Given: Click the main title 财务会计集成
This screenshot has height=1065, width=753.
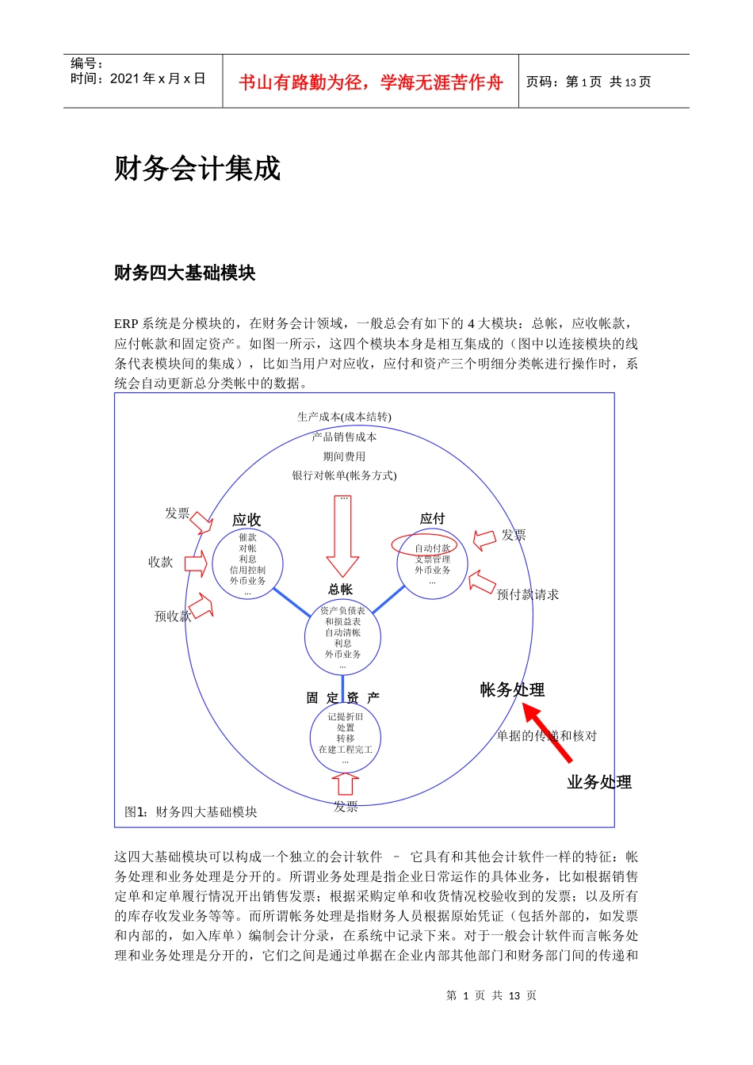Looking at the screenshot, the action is tap(197, 169).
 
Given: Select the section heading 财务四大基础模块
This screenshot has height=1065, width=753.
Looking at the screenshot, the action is tap(185, 273).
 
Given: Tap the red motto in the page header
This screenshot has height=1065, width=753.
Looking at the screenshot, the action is tap(370, 82).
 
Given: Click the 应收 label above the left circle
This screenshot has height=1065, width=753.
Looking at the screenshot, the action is tap(247, 520).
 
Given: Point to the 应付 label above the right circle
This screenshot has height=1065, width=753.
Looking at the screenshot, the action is tap(432, 518).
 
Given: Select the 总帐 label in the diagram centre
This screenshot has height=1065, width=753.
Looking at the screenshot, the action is tap(340, 590).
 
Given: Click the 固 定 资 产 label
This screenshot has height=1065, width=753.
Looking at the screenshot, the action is tap(342, 698).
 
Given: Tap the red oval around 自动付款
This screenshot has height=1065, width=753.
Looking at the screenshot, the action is tap(424, 545).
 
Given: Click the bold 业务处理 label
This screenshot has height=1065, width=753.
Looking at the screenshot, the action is tap(599, 782).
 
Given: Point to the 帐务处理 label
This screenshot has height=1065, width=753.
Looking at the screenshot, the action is tap(512, 689).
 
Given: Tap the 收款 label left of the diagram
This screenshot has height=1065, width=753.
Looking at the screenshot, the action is tap(160, 562).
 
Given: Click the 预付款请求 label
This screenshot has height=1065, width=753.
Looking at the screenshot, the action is tap(527, 594).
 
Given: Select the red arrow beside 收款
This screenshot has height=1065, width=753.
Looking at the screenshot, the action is tap(195, 564).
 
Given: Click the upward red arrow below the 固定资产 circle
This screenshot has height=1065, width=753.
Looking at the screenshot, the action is tap(345, 784).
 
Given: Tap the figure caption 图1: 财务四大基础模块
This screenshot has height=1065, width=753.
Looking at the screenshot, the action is tap(191, 811).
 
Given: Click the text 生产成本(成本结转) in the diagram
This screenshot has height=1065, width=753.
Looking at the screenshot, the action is tap(344, 417).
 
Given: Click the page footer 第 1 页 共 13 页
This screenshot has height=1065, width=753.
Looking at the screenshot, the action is tap(491, 995).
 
